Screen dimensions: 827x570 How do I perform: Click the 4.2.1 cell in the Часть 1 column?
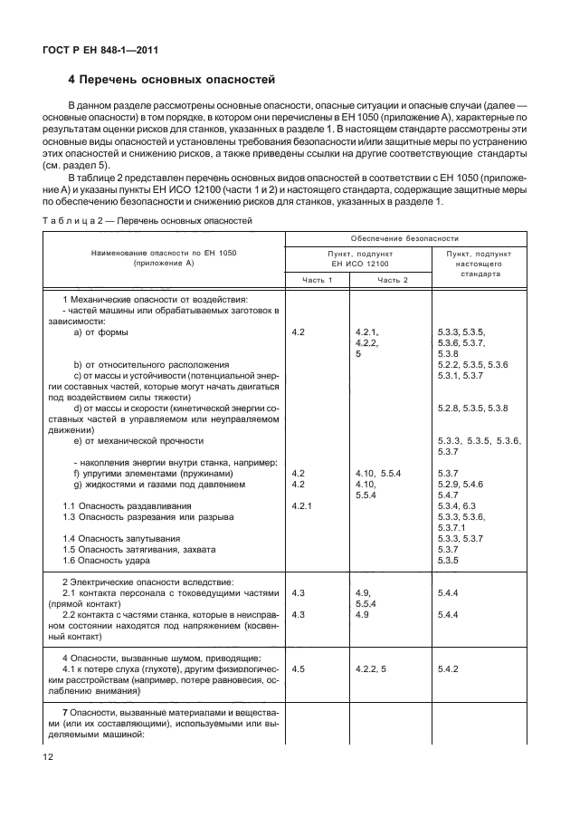point(303,505)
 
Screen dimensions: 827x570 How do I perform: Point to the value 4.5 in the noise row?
point(299,668)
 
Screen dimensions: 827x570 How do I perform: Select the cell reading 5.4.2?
point(449,668)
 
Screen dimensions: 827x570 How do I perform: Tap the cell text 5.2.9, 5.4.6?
point(460,484)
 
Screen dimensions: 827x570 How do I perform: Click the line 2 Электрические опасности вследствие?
point(136,581)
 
